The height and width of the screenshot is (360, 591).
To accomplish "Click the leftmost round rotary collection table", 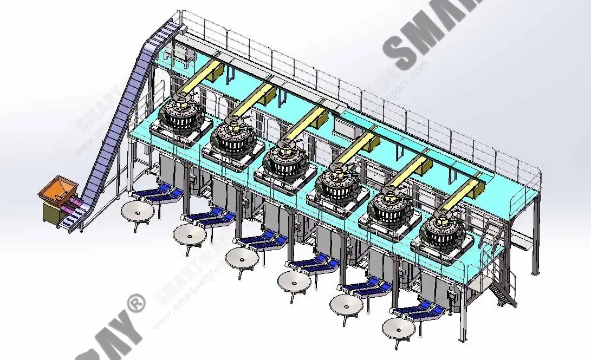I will click(138, 211).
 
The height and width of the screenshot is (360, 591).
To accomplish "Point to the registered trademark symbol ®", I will click(135, 303).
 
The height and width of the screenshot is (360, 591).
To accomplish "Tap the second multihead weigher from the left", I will click(233, 138).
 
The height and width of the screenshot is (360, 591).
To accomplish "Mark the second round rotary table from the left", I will click(190, 234).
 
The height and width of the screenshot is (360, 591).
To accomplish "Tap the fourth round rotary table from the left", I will click(294, 280).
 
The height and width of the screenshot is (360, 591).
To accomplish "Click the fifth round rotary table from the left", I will click(346, 304).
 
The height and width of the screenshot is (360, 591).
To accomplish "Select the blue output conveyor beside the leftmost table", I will click(154, 193).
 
